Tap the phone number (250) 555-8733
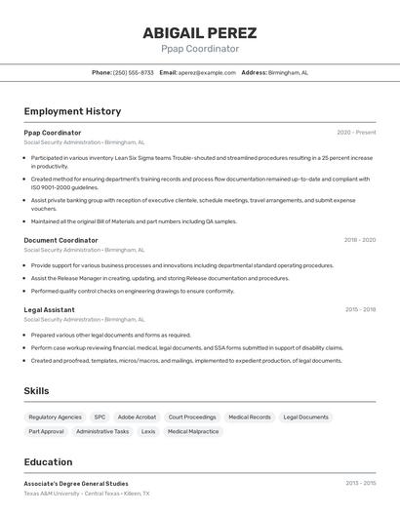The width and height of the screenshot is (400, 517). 133,72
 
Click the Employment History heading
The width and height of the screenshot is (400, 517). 72,111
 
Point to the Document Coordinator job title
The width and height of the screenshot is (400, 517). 60,240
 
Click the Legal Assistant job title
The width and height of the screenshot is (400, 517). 49,309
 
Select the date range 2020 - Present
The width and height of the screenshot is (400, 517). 356,132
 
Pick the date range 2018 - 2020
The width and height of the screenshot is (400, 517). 359,240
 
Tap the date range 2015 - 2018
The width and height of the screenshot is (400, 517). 360,309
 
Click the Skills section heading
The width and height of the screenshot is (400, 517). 36,391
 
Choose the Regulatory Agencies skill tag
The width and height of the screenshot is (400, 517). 55,417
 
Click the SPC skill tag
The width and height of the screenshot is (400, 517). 100,417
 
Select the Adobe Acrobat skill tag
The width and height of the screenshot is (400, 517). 137,417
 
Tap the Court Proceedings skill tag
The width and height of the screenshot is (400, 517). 192,417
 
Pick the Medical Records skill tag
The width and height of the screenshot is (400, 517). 250,417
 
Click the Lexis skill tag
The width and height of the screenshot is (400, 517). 148,431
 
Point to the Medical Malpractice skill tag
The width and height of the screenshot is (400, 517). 193,431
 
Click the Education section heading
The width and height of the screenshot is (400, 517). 48,462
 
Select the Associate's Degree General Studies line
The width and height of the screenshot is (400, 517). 76,483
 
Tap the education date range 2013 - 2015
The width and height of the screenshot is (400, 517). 360,483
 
